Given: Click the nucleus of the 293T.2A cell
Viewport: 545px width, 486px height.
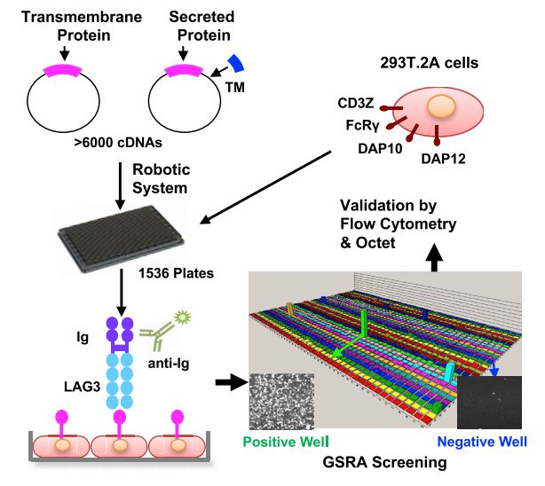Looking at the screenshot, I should [438, 108].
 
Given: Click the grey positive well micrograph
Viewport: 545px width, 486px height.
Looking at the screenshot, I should [280, 401].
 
